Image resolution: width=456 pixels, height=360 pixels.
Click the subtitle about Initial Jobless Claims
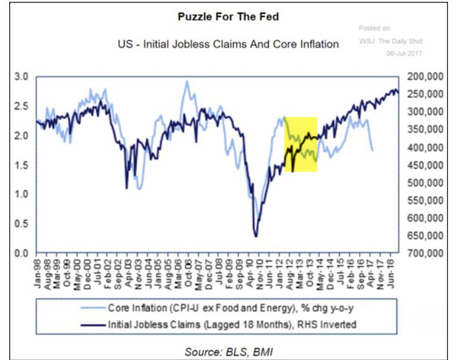coord(228,45)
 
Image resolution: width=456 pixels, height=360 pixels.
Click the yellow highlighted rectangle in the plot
coord(300,144)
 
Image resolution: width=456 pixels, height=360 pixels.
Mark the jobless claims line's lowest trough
coord(255,236)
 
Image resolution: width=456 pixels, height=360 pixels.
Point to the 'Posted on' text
coord(374,29)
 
